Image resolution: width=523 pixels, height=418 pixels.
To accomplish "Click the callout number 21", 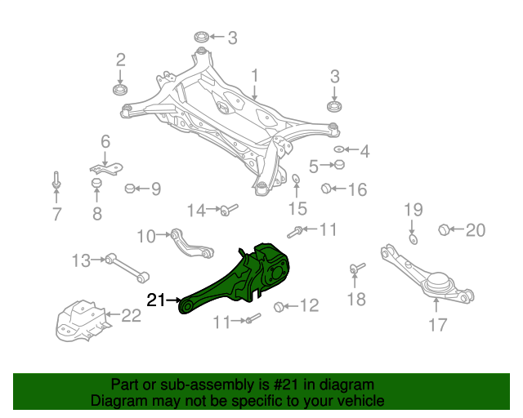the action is pos(156,300).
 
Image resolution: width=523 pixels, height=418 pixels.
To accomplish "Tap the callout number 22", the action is pos(131,314).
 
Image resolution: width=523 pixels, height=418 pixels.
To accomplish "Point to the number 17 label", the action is pos(437,325).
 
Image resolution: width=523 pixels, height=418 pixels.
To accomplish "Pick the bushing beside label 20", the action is pos(445,229).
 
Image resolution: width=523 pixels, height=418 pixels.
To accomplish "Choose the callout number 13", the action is pos(80,261).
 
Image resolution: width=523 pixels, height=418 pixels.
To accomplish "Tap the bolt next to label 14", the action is pos(226,211).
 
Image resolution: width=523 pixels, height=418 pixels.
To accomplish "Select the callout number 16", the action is pos(357,190).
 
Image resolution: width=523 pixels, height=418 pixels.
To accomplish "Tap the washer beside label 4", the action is pos(339,150).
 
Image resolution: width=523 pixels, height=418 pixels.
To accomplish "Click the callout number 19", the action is pos(413,210).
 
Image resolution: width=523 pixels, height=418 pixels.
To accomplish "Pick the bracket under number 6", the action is pos(105,168).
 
